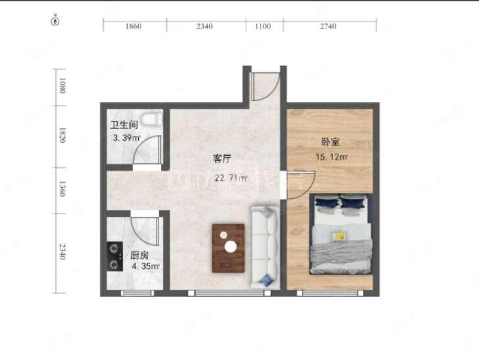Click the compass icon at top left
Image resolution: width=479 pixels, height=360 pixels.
pos(56,21)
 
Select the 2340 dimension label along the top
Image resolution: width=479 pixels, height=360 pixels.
pos(205,26)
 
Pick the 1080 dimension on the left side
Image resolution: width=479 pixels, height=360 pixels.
pos(62,85)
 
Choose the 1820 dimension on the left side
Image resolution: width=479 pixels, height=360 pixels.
pos(62,135)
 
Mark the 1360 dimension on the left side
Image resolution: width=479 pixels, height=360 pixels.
pos(62,190)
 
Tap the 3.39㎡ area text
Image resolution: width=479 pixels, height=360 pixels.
pos(127,138)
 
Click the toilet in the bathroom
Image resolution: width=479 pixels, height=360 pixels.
pos(152,120)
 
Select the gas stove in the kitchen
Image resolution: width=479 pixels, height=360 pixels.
pos(115,256)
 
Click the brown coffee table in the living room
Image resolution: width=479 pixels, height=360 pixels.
pos(228,248)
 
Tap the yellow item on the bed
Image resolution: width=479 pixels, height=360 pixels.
pos(340,235)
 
